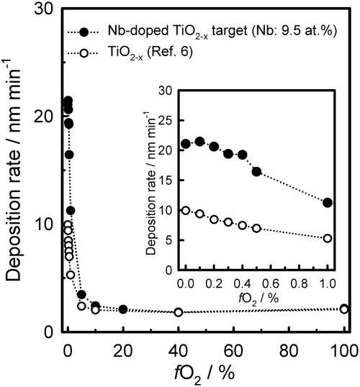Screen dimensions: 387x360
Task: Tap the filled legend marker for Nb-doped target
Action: pyautogui.click(x=85, y=32)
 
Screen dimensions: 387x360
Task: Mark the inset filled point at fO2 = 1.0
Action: pyautogui.click(x=328, y=203)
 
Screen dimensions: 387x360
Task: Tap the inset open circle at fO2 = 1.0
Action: pyautogui.click(x=328, y=238)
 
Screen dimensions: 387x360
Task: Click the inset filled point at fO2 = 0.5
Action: pyautogui.click(x=256, y=171)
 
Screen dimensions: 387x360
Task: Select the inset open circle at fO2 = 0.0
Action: pyautogui.click(x=186, y=211)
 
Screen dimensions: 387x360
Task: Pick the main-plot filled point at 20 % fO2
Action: pyautogui.click(x=123, y=309)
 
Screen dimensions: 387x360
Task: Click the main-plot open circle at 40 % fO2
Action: pyautogui.click(x=179, y=311)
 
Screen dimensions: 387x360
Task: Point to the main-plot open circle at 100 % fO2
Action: pyautogui.click(x=344, y=309)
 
